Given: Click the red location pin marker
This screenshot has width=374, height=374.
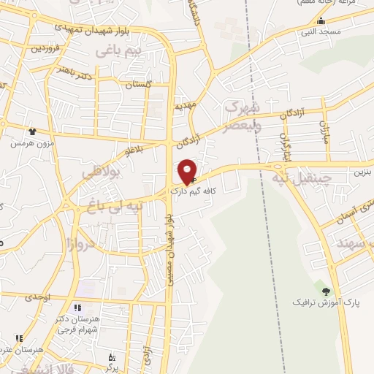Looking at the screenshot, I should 188,172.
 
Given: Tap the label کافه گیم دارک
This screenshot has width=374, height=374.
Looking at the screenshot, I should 196,192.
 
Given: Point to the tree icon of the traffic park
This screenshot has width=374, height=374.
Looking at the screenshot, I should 326,291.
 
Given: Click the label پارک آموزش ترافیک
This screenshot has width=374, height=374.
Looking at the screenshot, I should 318,302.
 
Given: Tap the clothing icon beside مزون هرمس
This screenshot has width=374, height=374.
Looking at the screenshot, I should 32,132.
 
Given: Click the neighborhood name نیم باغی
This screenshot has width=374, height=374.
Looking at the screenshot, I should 117,51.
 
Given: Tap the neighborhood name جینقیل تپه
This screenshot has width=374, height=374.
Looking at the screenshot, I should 302,178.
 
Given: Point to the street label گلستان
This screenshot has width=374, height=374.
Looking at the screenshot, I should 139,85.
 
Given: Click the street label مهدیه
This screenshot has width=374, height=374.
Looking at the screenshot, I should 186,105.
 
